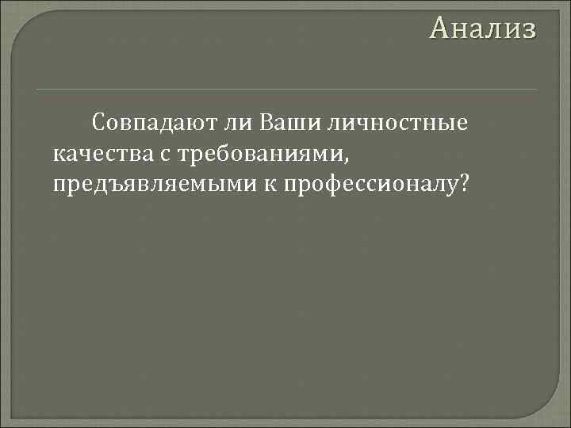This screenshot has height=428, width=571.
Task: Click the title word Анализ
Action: tap(483, 29)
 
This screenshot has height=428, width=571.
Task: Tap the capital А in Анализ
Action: tap(439, 29)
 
